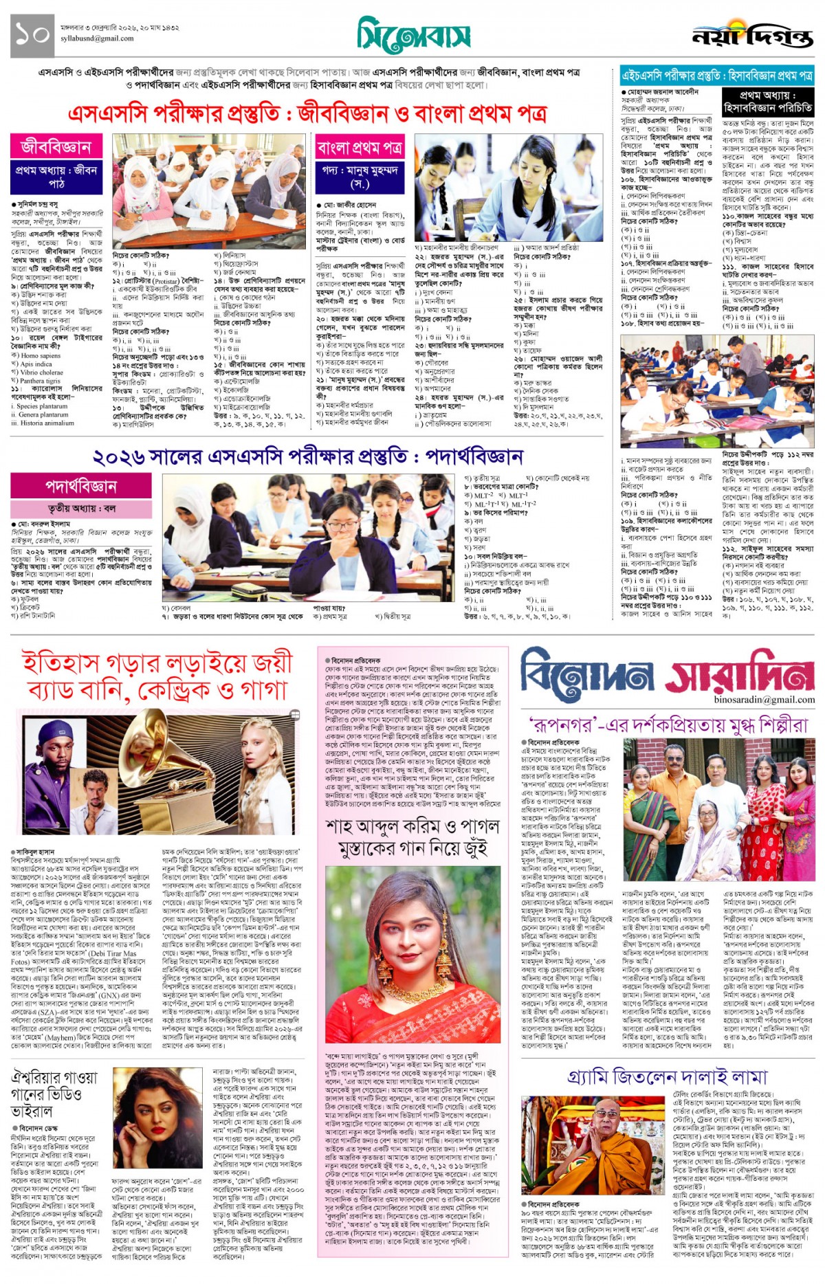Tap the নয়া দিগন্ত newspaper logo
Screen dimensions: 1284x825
(752, 36)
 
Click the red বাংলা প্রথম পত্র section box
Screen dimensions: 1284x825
(360, 147)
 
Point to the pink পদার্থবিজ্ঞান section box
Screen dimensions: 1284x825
(80, 486)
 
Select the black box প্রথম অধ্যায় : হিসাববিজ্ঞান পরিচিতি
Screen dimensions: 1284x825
(767, 102)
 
